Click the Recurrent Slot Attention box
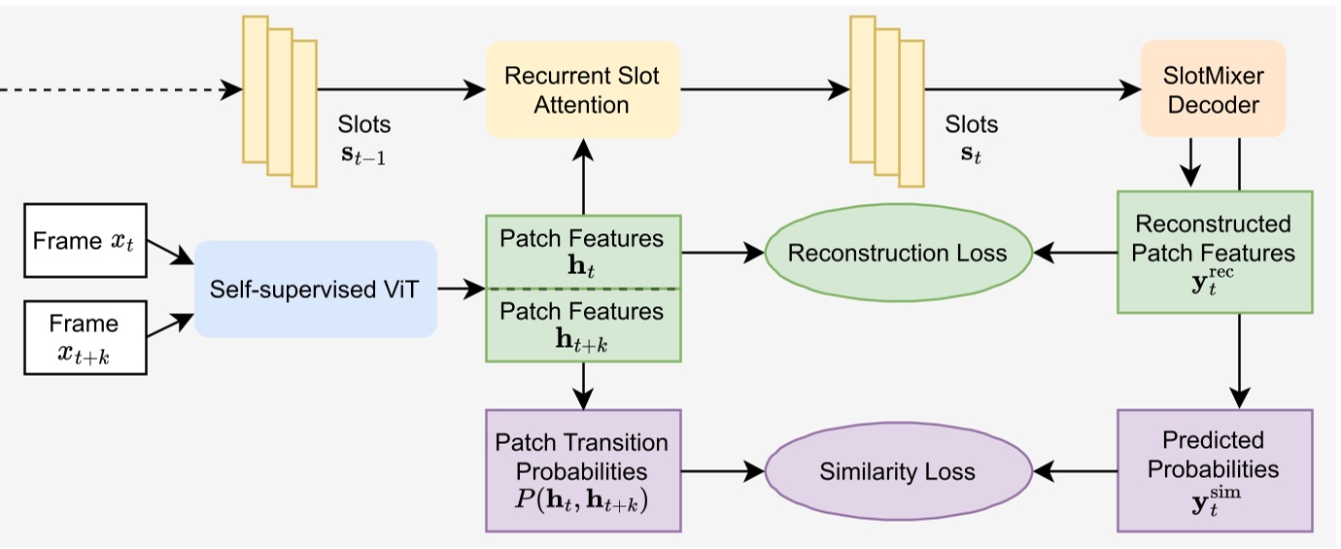click(x=582, y=90)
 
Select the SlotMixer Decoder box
click(x=1213, y=88)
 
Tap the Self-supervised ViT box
click(x=316, y=289)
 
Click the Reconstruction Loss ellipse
click(x=897, y=254)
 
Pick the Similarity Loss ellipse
click(x=897, y=472)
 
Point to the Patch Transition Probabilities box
click(x=582, y=470)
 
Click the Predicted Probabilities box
click(x=1214, y=470)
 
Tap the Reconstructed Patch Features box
click(x=1214, y=252)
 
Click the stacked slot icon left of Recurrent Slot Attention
click(x=279, y=101)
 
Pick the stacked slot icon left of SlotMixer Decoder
click(x=886, y=101)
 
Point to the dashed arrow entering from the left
click(x=117, y=90)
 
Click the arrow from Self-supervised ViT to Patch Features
click(x=461, y=289)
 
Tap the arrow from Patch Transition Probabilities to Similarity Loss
click(x=722, y=472)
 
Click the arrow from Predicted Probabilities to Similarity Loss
click(x=1075, y=472)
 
